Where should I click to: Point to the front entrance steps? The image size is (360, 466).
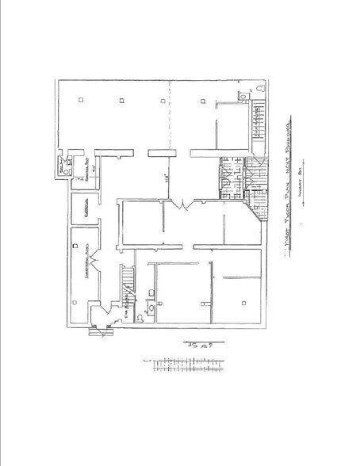101,333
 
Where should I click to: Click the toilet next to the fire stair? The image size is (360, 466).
139,318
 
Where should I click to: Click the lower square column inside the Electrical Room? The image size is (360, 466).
74,304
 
